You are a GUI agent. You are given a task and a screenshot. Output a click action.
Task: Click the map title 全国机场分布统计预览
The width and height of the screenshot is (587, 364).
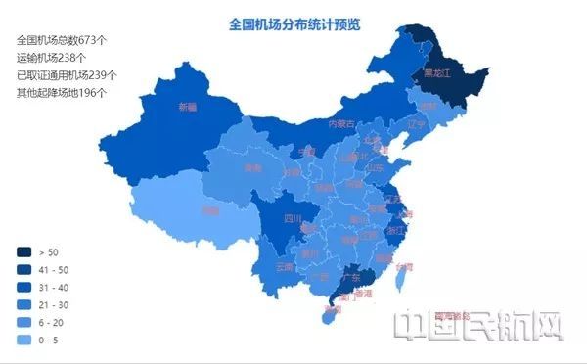(x=294, y=23)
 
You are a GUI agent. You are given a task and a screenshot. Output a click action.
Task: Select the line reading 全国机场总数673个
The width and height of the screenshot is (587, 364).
(x=62, y=41)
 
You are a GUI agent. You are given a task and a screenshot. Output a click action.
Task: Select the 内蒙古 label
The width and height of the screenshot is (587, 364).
(x=341, y=124)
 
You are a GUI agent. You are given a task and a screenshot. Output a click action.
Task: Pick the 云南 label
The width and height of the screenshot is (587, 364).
(x=284, y=266)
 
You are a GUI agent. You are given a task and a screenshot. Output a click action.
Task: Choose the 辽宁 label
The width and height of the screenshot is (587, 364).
(x=417, y=123)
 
